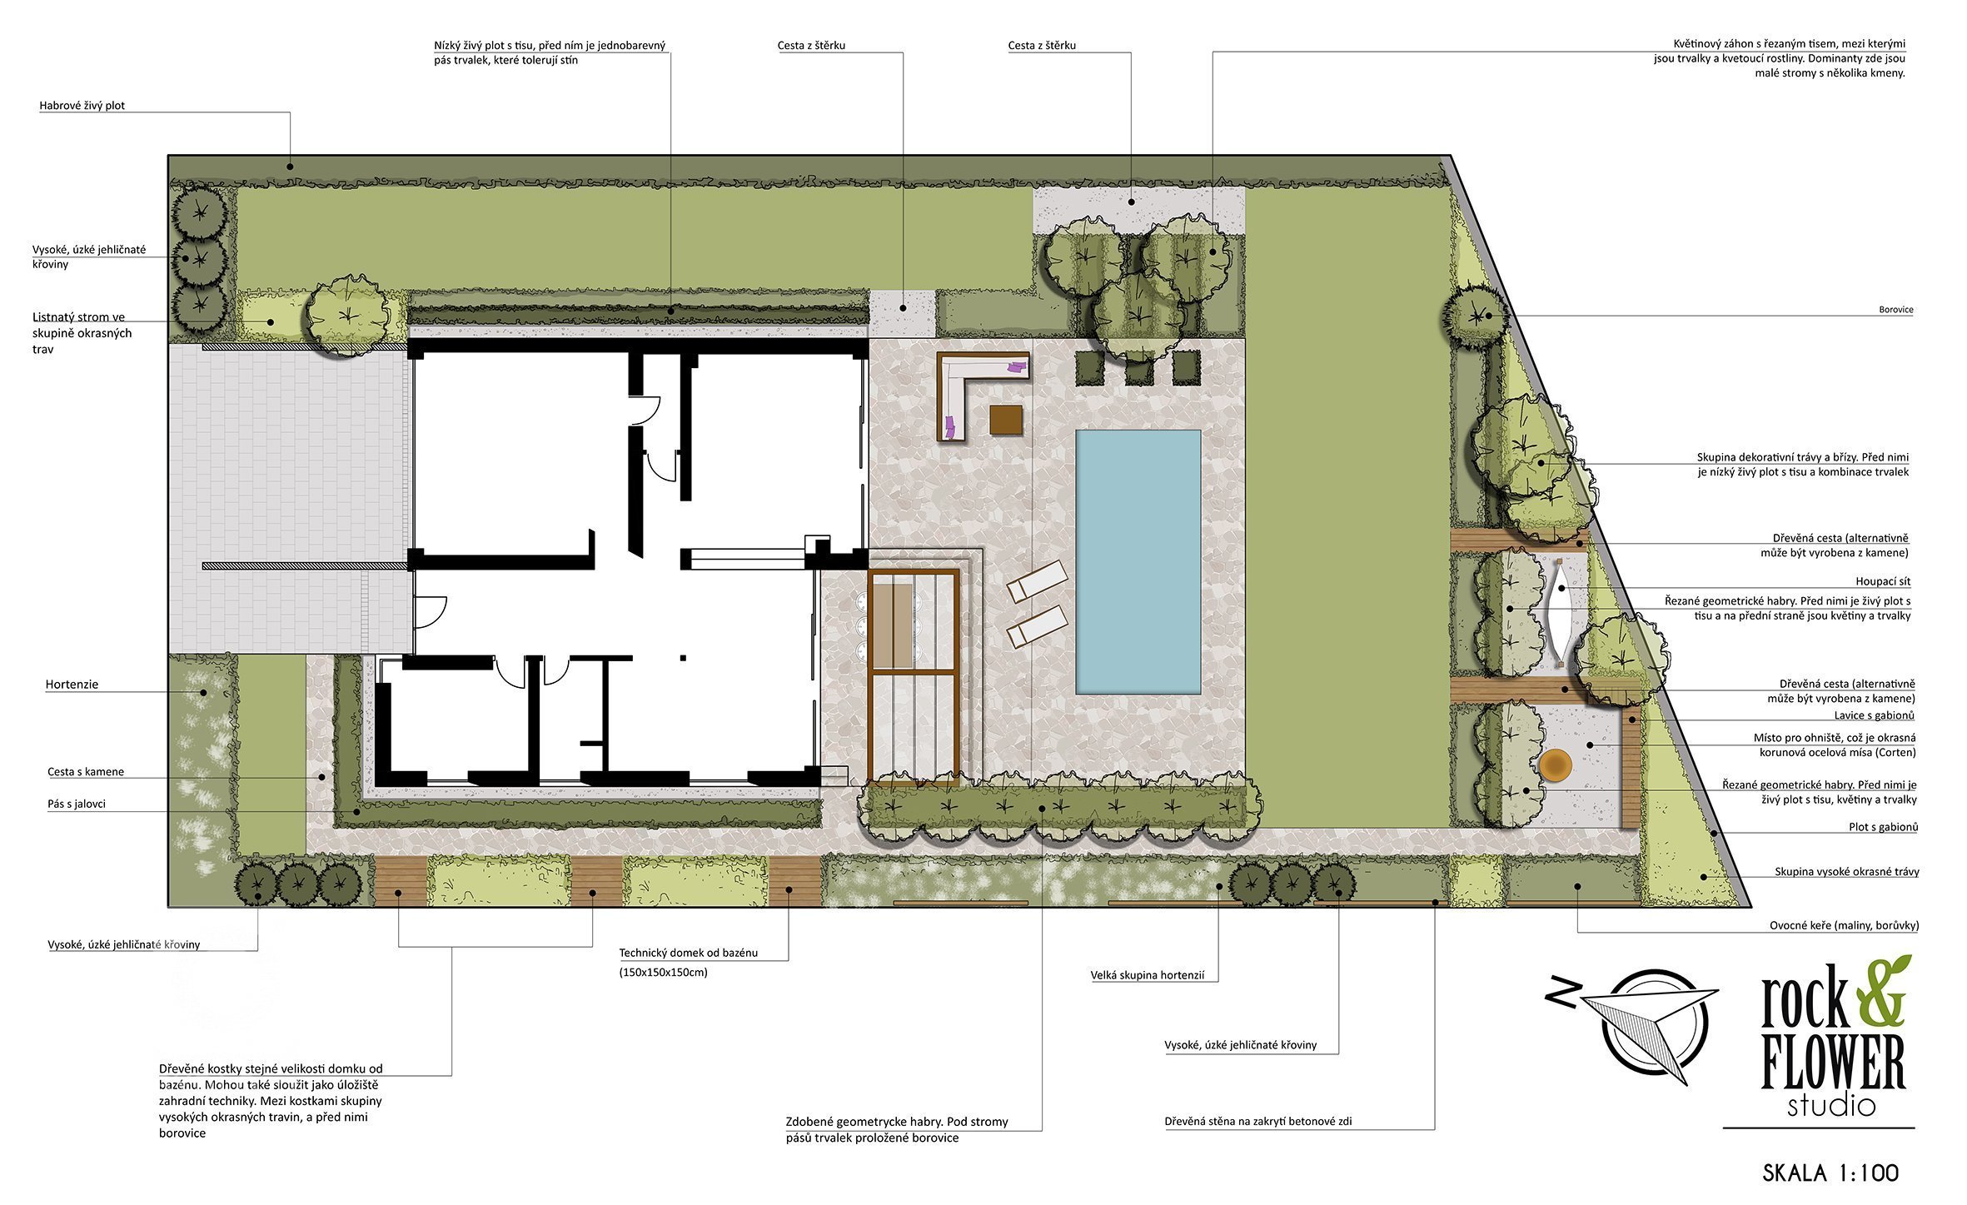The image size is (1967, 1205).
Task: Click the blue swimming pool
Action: point(1138,562)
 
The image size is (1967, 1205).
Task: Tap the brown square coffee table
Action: point(1006,419)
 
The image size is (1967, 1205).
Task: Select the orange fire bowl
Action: point(1555,764)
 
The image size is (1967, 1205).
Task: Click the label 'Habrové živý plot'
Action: point(82,106)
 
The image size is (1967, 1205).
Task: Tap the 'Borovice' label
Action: point(1896,310)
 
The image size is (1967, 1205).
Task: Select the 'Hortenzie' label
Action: point(72,685)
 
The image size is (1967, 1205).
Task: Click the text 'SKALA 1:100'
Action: point(1830,1173)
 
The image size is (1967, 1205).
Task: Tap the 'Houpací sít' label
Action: point(1883,581)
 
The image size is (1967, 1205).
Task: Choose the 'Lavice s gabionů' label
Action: point(1874,715)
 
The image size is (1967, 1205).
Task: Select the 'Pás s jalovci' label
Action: point(77,804)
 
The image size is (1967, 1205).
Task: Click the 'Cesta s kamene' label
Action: point(86,772)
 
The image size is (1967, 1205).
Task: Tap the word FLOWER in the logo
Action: point(1833,1063)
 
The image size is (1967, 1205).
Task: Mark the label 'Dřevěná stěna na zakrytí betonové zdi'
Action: point(1258,1122)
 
